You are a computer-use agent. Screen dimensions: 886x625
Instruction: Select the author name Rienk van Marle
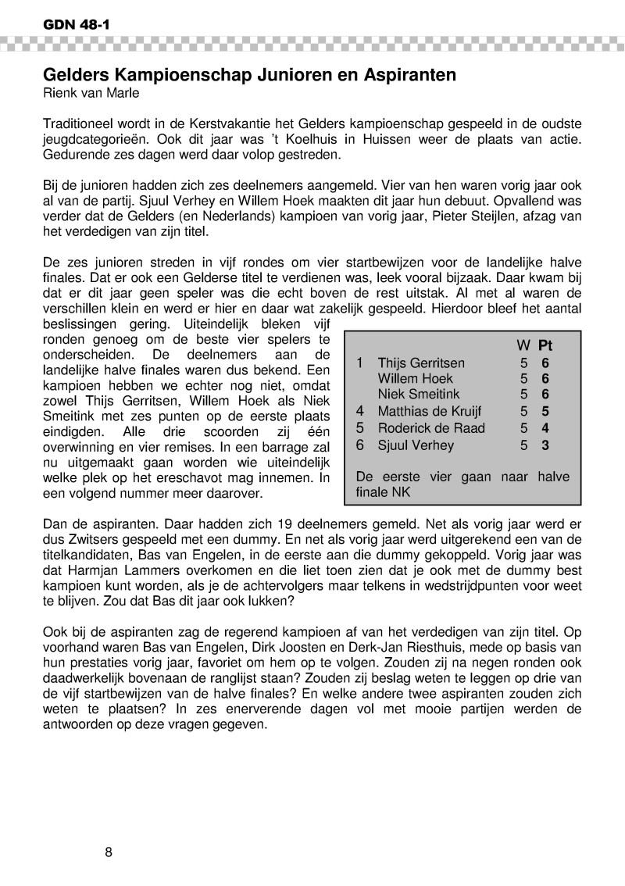click(x=92, y=94)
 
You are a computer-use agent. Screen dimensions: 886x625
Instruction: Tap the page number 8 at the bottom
click(x=109, y=851)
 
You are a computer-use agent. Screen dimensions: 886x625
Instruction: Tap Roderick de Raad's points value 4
click(x=545, y=428)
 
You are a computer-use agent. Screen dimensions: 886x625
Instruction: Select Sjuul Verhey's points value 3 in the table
click(x=545, y=445)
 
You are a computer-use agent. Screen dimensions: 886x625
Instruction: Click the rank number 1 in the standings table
click(x=359, y=363)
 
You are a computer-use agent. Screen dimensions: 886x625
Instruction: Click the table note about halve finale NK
click(x=462, y=484)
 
